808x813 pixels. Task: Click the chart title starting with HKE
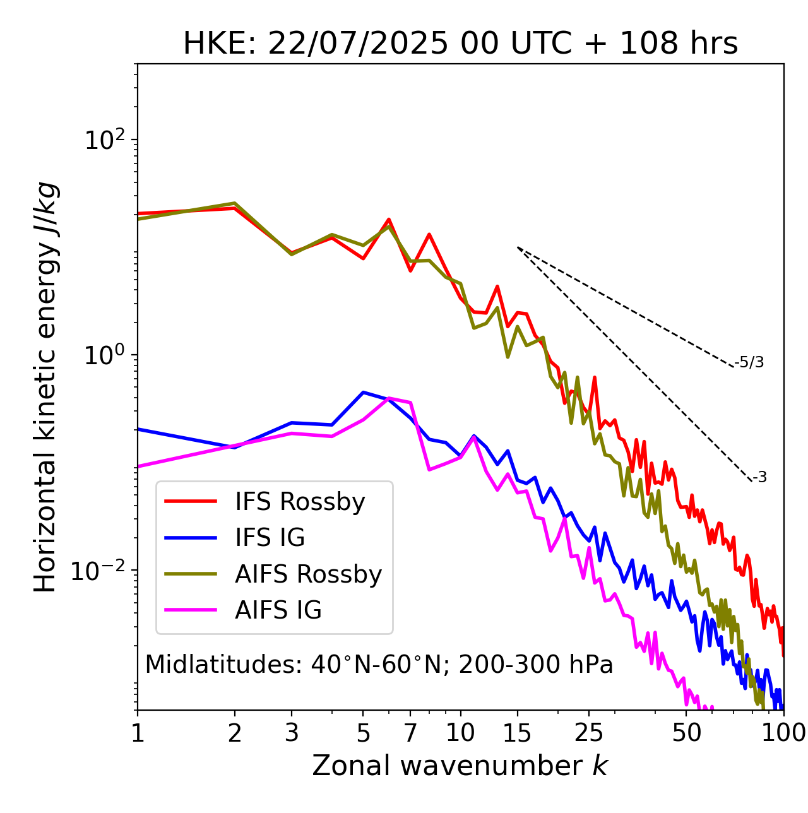tap(460, 44)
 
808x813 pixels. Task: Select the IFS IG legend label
tap(270, 538)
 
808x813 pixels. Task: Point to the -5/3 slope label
tap(749, 362)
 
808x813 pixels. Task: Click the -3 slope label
tap(759, 477)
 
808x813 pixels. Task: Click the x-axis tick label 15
tap(517, 733)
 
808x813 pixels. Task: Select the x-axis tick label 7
tap(410, 733)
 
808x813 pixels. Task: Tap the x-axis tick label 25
tap(589, 733)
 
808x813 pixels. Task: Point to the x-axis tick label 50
tap(686, 733)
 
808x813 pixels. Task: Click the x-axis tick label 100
tap(783, 733)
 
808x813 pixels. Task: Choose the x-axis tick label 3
tap(292, 733)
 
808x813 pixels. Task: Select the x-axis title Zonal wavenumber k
tap(460, 766)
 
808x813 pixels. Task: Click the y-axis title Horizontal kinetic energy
tap(46, 387)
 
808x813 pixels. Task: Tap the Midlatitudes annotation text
tap(379, 665)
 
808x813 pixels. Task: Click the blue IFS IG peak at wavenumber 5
tap(364, 392)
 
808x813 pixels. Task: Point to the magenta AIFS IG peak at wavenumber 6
tap(389, 398)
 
